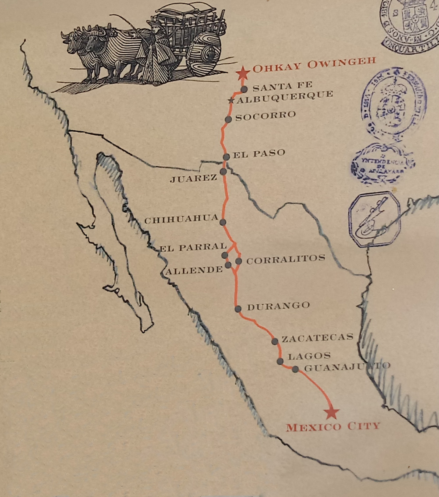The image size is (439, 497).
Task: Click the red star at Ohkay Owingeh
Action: [x=242, y=73]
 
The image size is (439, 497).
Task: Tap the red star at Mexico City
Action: [x=331, y=412]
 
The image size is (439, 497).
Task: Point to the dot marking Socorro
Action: [x=228, y=119]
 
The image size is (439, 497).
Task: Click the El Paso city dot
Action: [x=226, y=157]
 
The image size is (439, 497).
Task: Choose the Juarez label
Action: [x=193, y=178]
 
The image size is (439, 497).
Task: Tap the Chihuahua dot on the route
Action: [x=223, y=222]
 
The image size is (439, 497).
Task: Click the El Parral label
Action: [x=193, y=248]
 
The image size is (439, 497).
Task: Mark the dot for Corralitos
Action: [x=238, y=261]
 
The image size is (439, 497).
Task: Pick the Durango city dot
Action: [x=238, y=309]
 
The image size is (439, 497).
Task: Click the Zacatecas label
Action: [x=317, y=337]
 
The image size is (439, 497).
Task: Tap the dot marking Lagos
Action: [x=280, y=361]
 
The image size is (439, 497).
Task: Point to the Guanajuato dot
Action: [x=295, y=369]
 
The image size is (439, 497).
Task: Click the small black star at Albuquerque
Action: [x=231, y=101]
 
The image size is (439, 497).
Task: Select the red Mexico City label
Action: [x=333, y=427]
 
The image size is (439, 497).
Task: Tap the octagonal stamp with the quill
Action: [x=375, y=219]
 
